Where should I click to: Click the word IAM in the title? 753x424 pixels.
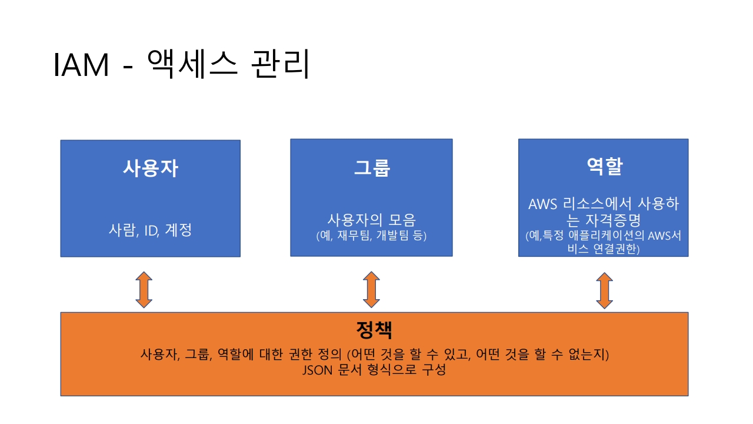tap(82, 65)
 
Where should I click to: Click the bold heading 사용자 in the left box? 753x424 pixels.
tap(150, 168)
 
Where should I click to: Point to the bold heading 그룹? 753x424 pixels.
tap(371, 168)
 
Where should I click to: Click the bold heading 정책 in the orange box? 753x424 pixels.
tap(374, 329)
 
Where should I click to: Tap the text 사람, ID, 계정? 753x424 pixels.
tap(150, 230)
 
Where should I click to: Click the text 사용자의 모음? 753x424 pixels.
tap(371, 220)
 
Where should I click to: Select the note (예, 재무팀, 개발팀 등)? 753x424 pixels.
tap(371, 236)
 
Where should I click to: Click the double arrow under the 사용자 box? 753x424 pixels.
tap(144, 290)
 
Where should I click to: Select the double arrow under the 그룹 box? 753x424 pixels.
tap(371, 290)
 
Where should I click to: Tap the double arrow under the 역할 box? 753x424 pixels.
tap(604, 290)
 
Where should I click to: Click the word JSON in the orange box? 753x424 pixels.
tap(316, 371)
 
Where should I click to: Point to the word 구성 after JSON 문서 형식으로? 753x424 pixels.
tap(432, 371)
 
